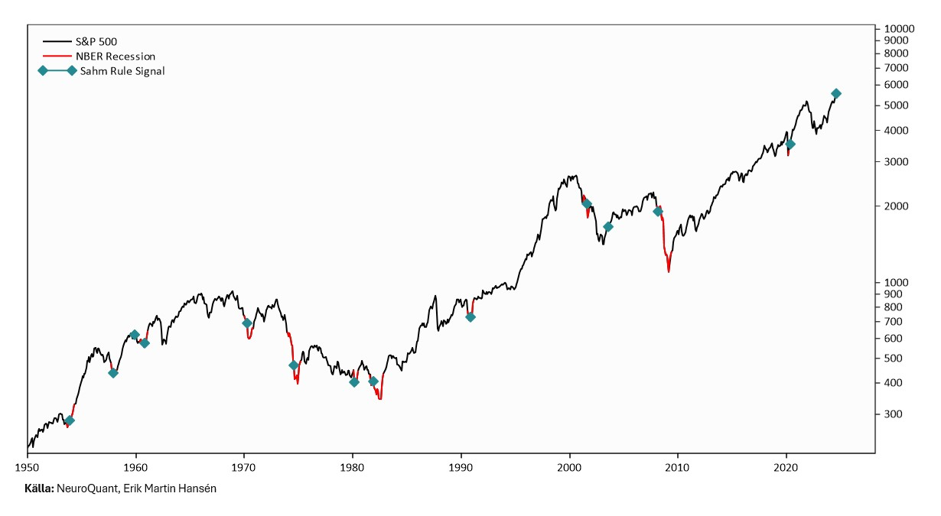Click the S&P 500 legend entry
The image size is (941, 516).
(96, 41)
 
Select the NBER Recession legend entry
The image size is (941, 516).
(115, 56)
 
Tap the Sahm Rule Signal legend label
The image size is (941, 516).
(122, 71)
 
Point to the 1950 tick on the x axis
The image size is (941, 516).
(28, 467)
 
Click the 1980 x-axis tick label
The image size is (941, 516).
(352, 467)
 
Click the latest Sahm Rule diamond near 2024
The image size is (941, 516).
(836, 93)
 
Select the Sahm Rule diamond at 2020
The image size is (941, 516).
(790, 144)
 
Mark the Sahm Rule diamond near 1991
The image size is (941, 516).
(470, 316)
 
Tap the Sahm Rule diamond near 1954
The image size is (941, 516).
(70, 420)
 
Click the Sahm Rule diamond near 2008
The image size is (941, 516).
(658, 211)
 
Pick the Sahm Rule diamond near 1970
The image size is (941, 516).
(247, 323)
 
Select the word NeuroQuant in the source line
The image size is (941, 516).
(85, 488)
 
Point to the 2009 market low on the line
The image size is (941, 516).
(669, 271)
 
